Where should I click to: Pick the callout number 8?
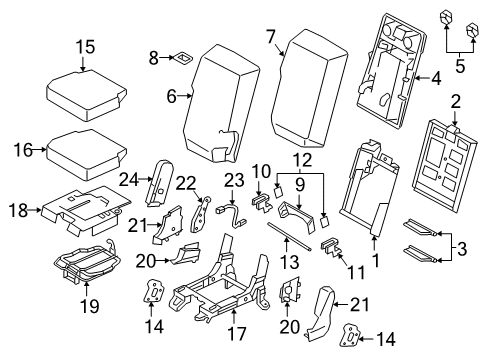[153, 59]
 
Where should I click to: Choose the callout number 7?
[271, 37]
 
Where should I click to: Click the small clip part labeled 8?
[184, 59]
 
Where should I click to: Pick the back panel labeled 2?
[444, 155]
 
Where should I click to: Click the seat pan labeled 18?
[85, 205]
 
